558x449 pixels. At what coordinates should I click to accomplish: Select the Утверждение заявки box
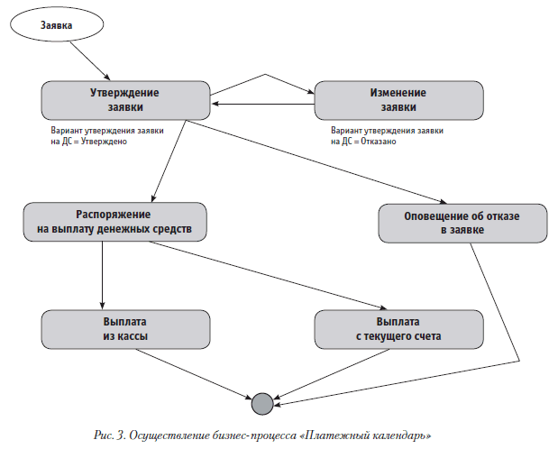(124, 99)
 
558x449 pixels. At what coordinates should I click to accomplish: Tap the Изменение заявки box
(397, 99)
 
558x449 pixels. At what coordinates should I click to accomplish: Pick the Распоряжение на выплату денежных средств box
(114, 223)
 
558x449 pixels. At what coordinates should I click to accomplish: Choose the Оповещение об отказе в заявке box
(462, 223)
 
